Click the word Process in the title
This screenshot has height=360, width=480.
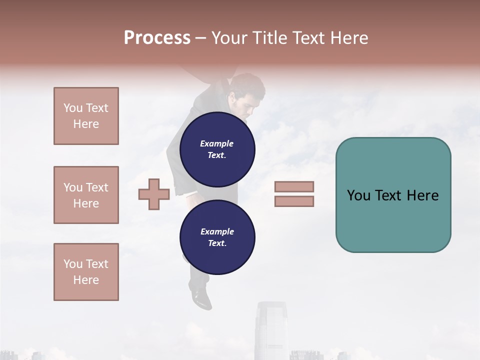coord(157,38)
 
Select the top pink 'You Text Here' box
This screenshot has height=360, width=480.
coord(86,116)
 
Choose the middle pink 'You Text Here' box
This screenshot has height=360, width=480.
coord(86,195)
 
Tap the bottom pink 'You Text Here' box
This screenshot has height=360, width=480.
coord(86,272)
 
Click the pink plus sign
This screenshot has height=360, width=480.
coord(154,194)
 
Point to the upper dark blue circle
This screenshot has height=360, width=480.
coord(217,149)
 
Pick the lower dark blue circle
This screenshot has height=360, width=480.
coord(217,237)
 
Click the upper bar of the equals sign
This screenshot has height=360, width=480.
coord(294,187)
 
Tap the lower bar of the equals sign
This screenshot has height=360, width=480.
coord(294,201)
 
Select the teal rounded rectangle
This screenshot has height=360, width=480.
coord(393,195)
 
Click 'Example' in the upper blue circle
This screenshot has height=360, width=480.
coord(217,143)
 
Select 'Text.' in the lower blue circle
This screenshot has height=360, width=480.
coord(217,243)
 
